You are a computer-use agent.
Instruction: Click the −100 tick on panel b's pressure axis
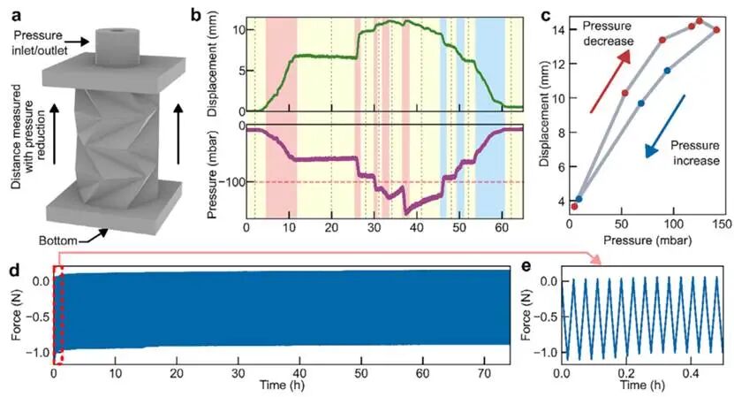231,182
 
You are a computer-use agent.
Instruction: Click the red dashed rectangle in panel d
58,314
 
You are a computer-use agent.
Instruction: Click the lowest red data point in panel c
574,207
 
